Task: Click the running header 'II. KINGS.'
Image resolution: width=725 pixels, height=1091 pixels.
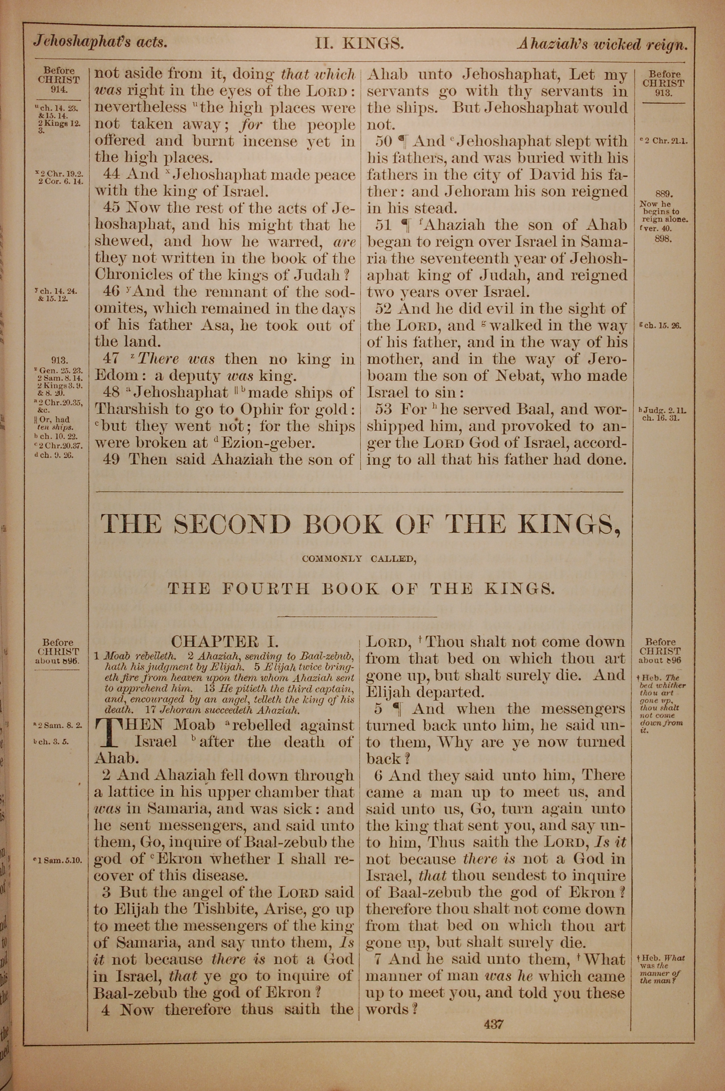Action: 359,44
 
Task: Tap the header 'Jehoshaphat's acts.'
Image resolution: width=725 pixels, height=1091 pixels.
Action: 100,42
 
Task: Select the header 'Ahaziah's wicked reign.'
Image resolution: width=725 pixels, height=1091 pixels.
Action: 602,44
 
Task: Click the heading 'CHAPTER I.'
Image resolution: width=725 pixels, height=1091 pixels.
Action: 225,642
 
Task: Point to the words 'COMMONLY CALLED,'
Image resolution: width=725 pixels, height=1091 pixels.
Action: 359,559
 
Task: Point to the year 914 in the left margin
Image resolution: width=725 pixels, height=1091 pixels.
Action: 59,89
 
